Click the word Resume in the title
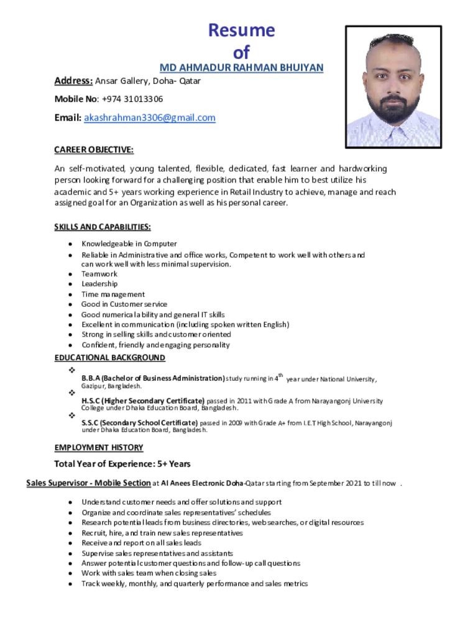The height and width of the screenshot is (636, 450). coord(241,30)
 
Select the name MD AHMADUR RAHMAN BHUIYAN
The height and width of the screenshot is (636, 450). coord(242,68)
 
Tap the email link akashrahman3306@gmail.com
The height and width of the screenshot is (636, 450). coord(150,118)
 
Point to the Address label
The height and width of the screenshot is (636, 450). coord(73,81)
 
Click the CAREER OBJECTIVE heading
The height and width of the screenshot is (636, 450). coord(94,150)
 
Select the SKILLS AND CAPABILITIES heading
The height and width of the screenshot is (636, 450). coord(103,227)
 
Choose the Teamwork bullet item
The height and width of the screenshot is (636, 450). coord(99,274)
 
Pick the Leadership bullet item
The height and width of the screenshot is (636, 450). coord(99,284)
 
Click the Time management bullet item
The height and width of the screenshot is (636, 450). coord(113,294)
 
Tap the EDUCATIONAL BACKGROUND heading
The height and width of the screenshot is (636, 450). coord(110,358)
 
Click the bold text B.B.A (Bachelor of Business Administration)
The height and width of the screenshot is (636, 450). coord(153,378)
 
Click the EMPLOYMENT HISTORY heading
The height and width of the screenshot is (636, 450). coord(99,448)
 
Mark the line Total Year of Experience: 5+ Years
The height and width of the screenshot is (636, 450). coord(122,464)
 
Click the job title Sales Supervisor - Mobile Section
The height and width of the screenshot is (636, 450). coord(88,483)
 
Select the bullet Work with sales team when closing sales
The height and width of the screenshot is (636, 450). coord(149,573)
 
